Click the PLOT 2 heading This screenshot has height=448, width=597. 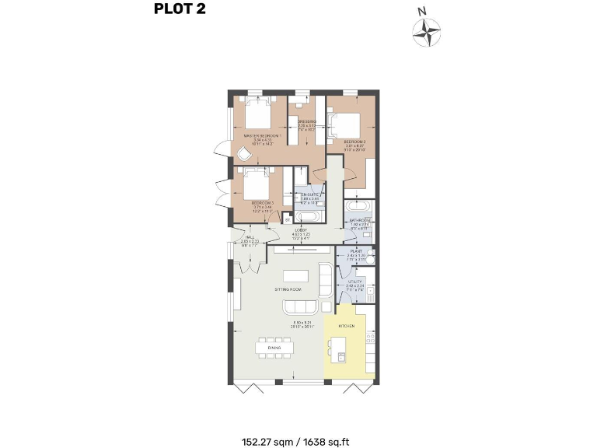180,10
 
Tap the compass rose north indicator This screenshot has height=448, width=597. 426,30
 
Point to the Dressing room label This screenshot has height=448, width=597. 306,122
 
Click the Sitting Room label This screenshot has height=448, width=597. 288,289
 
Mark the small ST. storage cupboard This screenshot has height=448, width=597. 287,220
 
